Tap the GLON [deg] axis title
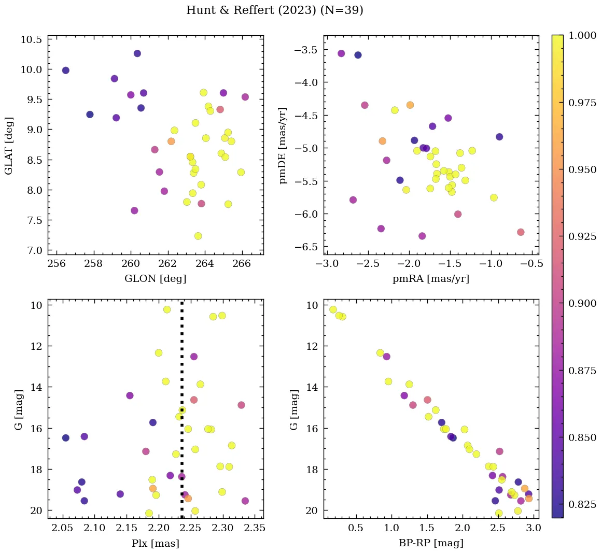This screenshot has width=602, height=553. (155, 279)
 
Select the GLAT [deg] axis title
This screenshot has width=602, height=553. (9, 146)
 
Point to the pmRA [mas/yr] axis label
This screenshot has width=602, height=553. (431, 279)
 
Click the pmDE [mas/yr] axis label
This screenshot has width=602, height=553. (283, 146)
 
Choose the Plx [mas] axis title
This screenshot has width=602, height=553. (155, 543)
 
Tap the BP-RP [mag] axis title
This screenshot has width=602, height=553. (431, 543)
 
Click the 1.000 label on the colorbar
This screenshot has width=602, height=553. (582, 36)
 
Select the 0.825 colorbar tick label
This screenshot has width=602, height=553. (582, 504)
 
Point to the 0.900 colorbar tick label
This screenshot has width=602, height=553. (582, 303)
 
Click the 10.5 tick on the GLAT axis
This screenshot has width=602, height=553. (32, 40)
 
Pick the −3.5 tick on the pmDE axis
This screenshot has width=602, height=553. (306, 50)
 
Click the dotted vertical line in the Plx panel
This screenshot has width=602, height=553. (181, 363)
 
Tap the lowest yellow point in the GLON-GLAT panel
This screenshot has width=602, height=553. (198, 236)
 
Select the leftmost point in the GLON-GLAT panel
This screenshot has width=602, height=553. (65, 70)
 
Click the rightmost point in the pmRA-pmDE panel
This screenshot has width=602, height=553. (521, 232)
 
